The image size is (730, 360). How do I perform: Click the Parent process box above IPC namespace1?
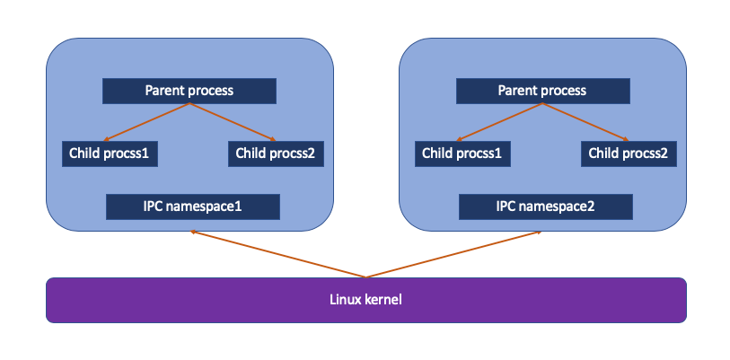(189, 91)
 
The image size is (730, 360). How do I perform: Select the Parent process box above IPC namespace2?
(543, 91)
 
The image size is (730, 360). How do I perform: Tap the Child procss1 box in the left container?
(110, 154)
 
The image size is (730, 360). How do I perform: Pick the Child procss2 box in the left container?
(276, 154)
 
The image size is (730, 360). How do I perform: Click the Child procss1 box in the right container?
(462, 154)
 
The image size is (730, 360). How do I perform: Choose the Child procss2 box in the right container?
(629, 154)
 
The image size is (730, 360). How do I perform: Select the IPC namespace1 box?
(193, 206)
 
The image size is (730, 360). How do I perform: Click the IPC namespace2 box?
(546, 206)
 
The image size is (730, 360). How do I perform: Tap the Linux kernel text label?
(365, 300)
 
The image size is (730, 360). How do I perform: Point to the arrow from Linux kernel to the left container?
(277, 254)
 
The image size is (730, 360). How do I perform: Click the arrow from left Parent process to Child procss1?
(146, 121)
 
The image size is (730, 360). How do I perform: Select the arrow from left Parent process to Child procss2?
(233, 121)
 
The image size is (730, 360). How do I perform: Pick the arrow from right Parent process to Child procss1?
(499, 121)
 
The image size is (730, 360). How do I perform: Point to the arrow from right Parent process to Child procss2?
(585, 121)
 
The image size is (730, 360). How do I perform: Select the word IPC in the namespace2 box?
(506, 206)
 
